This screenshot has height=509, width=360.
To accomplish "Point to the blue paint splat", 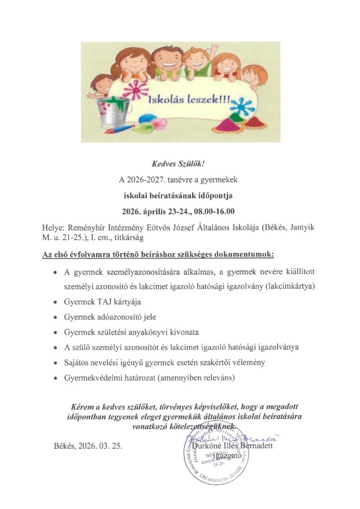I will pyautogui.click(x=242, y=106).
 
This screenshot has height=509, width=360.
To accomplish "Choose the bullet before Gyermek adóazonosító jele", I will pyautogui.click(x=54, y=316).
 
